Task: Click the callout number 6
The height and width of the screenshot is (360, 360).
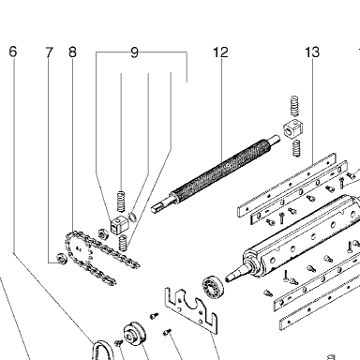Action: click(12, 52)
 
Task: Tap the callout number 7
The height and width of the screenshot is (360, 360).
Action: click(49, 52)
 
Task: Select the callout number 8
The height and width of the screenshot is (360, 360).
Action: click(72, 52)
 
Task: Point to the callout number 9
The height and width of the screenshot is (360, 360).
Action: click(134, 52)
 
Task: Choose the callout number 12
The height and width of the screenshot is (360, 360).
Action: click(220, 52)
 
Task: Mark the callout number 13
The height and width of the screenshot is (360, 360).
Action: click(312, 52)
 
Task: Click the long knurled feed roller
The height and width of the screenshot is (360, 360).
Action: click(215, 175)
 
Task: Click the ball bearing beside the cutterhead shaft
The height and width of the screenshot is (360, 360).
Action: click(214, 287)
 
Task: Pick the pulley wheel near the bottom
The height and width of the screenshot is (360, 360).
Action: click(135, 334)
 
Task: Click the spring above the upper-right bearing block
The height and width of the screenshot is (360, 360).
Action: click(294, 106)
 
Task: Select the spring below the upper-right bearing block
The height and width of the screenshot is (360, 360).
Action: click(296, 148)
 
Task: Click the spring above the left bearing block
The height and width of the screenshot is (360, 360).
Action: click(121, 201)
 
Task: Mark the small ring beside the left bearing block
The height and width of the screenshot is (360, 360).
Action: click(132, 217)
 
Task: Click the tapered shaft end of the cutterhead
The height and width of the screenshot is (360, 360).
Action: click(235, 275)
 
